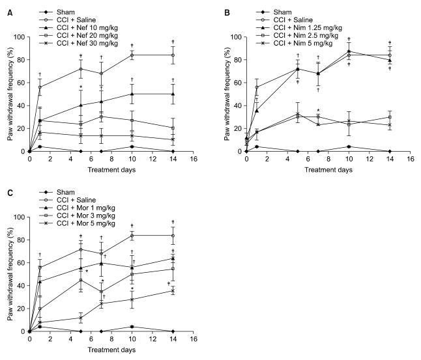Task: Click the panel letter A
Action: pos(5,6)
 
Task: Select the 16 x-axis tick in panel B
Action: pos(409,160)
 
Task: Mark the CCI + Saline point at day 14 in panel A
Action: pos(173,55)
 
